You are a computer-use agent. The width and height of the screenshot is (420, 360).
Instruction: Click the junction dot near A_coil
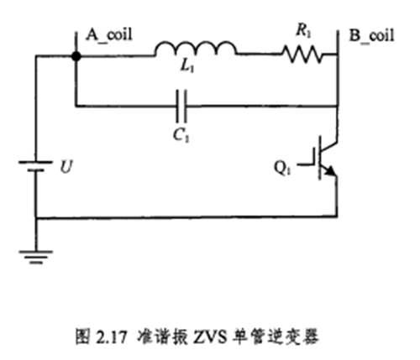tap(75, 56)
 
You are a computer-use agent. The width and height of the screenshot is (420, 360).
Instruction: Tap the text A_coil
tap(110, 34)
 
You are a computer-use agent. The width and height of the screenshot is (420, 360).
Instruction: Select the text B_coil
tap(370, 34)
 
